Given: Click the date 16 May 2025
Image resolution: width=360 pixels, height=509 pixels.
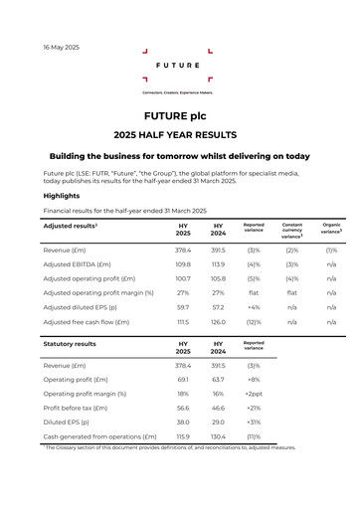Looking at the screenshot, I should (x=62, y=47).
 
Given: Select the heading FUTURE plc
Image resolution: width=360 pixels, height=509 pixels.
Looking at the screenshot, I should (x=179, y=115).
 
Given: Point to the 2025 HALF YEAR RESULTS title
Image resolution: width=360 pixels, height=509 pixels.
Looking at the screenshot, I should (x=179, y=134).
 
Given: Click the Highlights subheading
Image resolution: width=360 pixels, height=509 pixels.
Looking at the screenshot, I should (x=62, y=196).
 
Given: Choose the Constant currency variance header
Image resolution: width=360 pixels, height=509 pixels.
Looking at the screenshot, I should (x=292, y=231).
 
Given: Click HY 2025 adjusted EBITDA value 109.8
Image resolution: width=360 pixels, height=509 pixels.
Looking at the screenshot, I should (x=183, y=264).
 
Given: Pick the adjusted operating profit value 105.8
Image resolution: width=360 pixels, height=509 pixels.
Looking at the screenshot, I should (x=219, y=278).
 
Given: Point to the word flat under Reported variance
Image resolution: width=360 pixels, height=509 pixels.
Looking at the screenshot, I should (x=254, y=293).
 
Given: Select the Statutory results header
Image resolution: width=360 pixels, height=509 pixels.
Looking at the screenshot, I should (x=70, y=343).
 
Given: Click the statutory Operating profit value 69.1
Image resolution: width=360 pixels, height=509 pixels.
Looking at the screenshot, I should (x=183, y=380).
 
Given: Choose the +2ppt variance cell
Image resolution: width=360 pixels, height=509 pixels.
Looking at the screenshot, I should (x=254, y=394).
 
